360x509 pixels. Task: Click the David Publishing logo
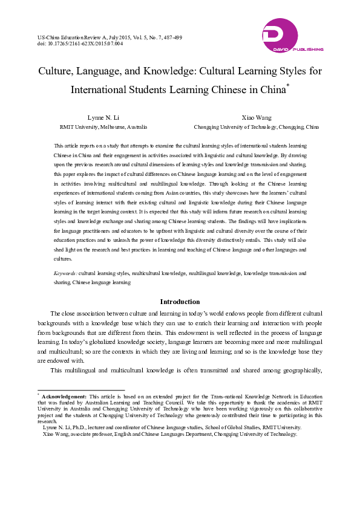tap(292, 35)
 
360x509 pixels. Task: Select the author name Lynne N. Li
tap(103, 117)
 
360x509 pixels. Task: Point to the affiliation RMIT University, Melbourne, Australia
tap(103, 127)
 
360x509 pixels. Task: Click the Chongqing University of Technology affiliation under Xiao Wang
tap(257, 127)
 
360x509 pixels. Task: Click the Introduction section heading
tap(180, 301)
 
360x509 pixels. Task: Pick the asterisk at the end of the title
tap(287, 86)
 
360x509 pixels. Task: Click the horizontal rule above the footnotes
tap(81, 390)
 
